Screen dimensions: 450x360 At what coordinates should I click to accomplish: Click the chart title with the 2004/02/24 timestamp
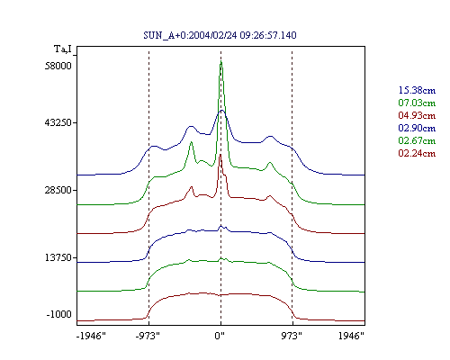click(x=220, y=35)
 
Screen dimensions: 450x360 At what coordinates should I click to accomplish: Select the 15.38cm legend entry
click(x=417, y=90)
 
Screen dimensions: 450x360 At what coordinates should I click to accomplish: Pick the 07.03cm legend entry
click(x=417, y=103)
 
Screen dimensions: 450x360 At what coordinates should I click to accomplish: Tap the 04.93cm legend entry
click(x=417, y=115)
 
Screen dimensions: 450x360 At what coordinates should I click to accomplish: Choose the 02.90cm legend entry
click(x=417, y=128)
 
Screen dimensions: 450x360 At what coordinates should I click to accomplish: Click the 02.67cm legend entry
click(x=417, y=140)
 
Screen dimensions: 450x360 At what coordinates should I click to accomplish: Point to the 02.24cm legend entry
click(x=417, y=153)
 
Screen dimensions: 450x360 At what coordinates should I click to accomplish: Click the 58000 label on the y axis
click(x=58, y=66)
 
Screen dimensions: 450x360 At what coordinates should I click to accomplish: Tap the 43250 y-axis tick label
click(x=58, y=122)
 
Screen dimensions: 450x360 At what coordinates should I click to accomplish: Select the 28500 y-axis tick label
click(x=58, y=190)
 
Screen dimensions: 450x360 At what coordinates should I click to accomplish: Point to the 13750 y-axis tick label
click(x=58, y=257)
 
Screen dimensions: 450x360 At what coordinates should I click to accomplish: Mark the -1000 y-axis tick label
click(x=59, y=314)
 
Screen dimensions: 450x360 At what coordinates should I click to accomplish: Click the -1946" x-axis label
click(x=91, y=336)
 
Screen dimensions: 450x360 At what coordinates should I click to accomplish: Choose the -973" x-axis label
click(x=148, y=336)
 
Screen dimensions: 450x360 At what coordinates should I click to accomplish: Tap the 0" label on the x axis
click(x=220, y=336)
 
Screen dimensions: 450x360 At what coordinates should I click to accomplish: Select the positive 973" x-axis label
click(x=292, y=336)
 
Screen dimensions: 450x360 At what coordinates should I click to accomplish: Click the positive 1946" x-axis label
click(x=351, y=336)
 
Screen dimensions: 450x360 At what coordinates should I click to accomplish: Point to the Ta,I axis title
click(x=63, y=49)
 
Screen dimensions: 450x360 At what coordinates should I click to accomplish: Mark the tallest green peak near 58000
click(x=221, y=62)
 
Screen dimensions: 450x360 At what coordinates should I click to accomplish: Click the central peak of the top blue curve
click(x=221, y=111)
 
